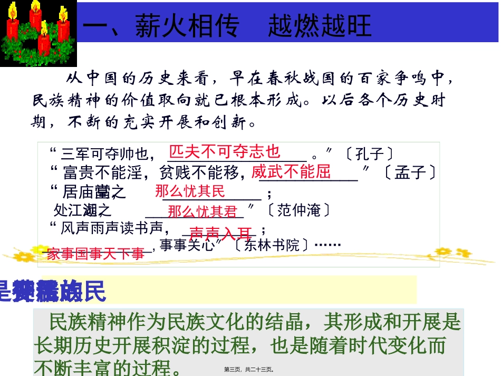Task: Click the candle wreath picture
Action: click(x=38, y=33)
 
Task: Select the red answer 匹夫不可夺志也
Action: click(x=225, y=152)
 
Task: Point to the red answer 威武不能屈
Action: click(x=291, y=171)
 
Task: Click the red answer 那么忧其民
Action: click(x=190, y=191)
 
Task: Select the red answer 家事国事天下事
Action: click(x=95, y=254)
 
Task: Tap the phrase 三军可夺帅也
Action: click(x=105, y=155)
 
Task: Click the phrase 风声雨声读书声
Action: click(x=115, y=229)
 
